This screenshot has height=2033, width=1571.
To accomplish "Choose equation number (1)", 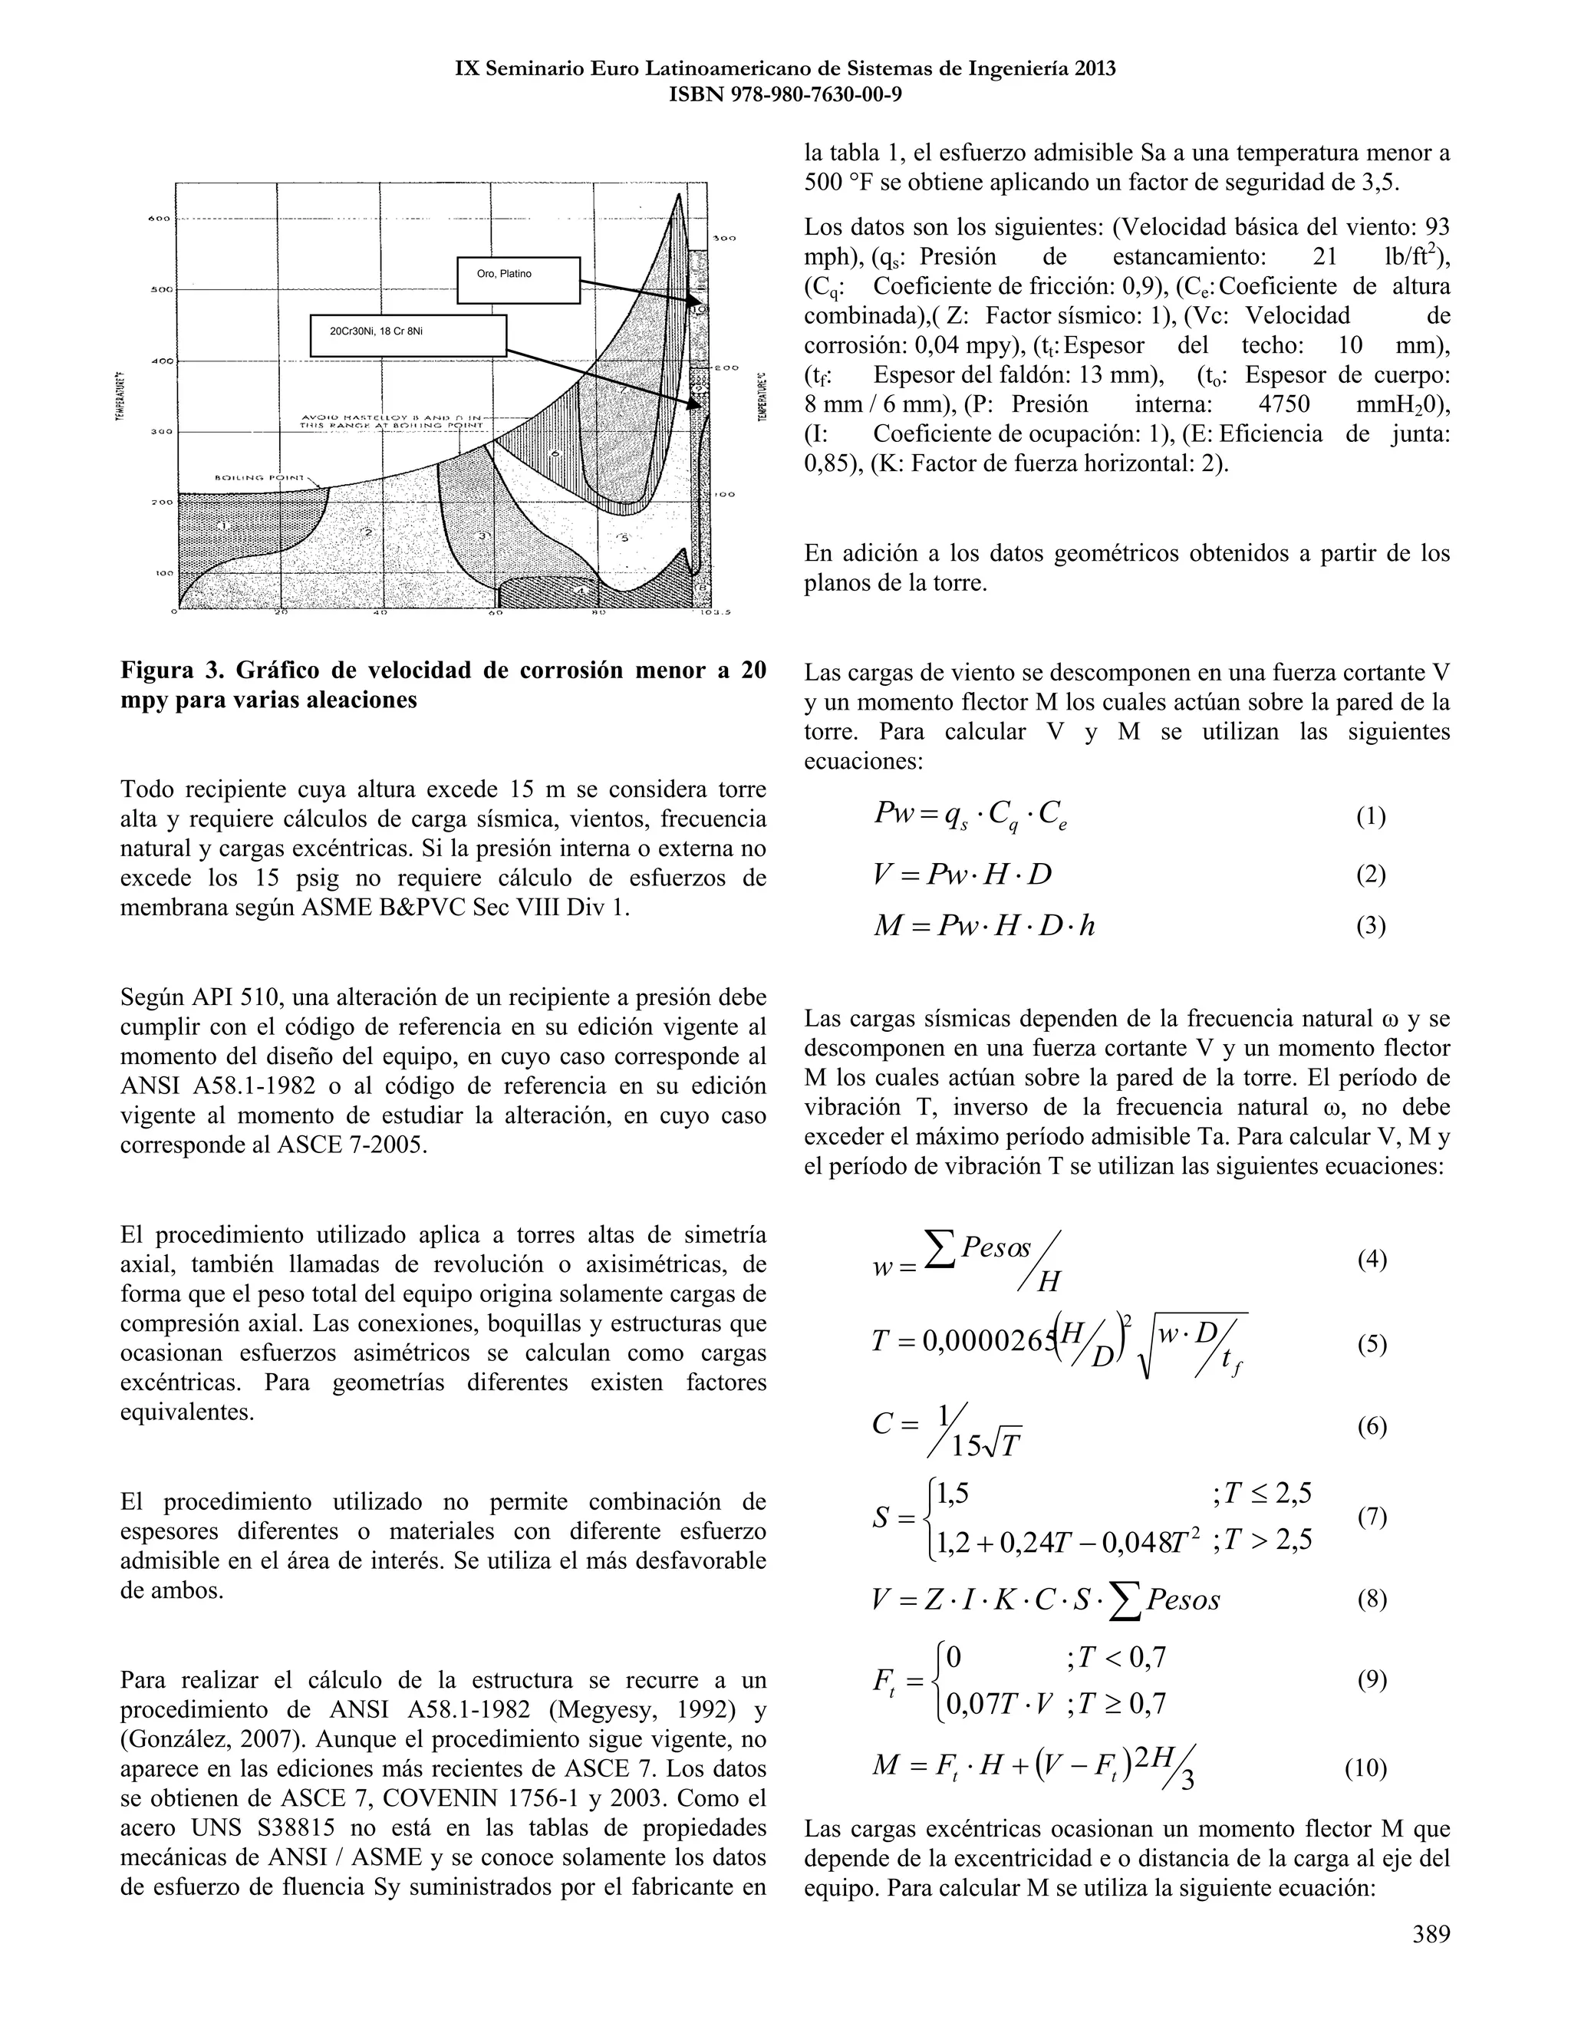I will (x=1370, y=816).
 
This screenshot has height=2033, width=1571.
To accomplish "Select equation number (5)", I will (x=1370, y=1344).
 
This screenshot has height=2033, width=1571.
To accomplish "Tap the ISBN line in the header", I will (x=785, y=94).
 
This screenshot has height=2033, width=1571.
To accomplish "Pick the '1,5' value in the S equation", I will (x=953, y=1493).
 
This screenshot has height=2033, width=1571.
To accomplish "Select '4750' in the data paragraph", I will (x=1283, y=405).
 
